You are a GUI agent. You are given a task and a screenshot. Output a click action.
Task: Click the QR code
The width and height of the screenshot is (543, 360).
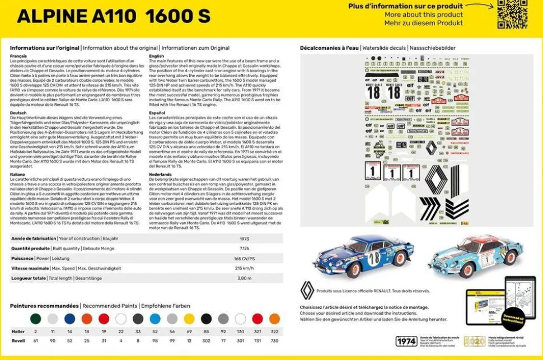coord(512,15)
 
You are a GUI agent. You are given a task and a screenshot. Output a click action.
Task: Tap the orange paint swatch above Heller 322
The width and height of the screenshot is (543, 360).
coord(274,319)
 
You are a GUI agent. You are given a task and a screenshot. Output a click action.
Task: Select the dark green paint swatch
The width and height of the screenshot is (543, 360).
coord(35,319)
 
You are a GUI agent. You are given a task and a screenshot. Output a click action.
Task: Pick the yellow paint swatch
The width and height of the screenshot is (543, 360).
coord(189,319)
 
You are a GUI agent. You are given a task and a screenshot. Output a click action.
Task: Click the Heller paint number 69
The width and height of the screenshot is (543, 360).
coord(189,331)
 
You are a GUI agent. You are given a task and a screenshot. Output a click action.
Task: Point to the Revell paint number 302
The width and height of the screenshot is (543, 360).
coord(206,340)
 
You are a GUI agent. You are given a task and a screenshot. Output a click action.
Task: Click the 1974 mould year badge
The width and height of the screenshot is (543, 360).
coord(406,342)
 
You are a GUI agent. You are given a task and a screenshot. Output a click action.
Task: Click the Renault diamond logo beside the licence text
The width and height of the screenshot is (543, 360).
coord(307,291)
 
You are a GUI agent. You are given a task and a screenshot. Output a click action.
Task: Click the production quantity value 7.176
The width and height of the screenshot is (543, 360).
coord(244,248)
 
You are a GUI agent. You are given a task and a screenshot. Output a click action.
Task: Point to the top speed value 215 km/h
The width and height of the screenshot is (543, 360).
coord(244,268)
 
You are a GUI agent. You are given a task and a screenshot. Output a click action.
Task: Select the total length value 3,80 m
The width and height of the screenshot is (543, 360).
coord(244,278)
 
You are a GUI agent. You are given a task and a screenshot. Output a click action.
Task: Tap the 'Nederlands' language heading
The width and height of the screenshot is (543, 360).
coord(161,174)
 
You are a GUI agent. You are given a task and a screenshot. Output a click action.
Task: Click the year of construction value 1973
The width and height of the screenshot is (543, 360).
coord(244,239)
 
